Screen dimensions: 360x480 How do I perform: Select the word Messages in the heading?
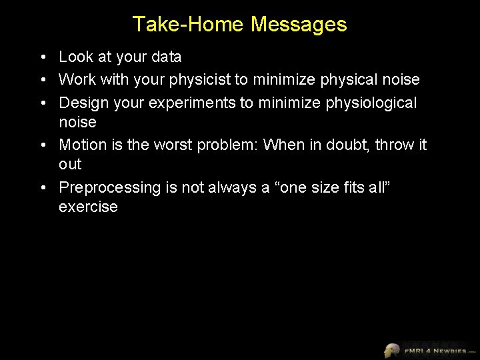299,25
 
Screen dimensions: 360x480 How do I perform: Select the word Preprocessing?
110,187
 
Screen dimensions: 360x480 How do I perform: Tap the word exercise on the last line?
88,207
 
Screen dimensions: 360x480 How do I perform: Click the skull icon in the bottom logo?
391,350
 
